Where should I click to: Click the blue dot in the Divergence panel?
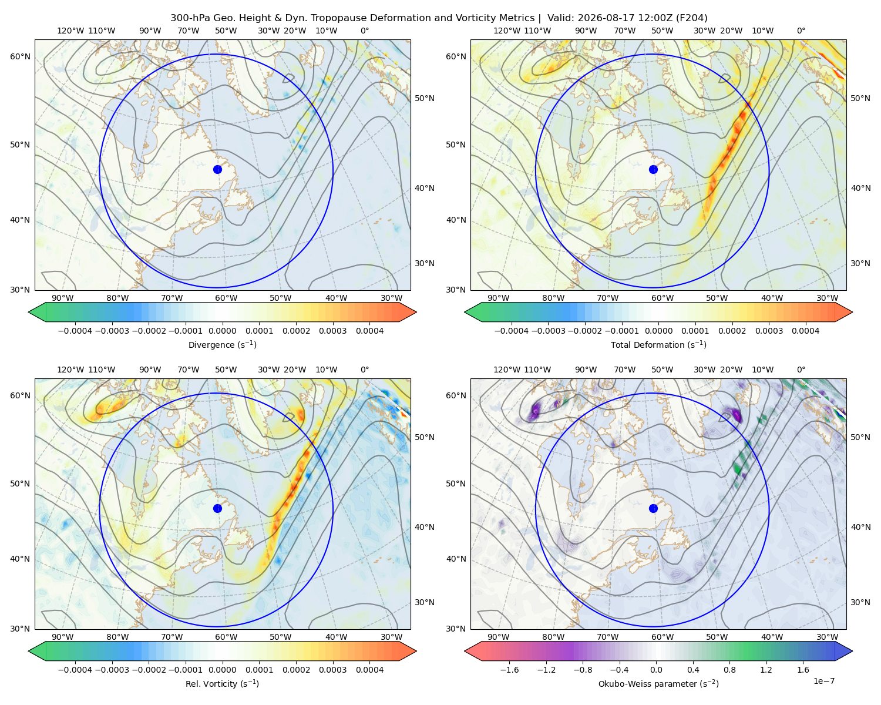tap(217, 170)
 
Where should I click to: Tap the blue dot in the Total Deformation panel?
tap(653, 170)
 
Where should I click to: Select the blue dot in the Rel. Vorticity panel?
tap(217, 508)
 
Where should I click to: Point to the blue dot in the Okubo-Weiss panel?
tap(653, 508)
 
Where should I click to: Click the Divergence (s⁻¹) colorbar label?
tap(222, 345)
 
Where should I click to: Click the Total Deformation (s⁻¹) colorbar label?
tap(658, 345)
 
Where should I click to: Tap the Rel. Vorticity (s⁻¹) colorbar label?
tap(222, 684)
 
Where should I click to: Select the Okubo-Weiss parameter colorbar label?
tap(658, 684)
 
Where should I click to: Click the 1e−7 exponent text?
tap(823, 681)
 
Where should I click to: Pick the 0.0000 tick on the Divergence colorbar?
tap(222, 331)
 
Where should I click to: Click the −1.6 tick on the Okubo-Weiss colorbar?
tap(509, 670)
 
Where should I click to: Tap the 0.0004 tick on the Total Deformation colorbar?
tap(805, 331)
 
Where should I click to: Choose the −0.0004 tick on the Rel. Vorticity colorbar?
tap(75, 670)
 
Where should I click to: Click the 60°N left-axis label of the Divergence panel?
tap(20, 56)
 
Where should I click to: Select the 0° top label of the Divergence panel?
tap(365, 31)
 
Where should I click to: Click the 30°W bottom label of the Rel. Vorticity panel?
tap(391, 637)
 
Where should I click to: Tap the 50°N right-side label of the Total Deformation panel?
tap(860, 98)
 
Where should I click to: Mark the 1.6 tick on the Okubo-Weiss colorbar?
tap(803, 670)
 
